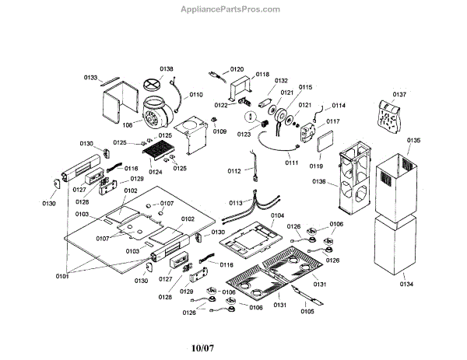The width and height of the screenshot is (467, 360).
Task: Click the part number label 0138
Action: point(167,69)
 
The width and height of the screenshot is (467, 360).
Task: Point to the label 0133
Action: point(90,78)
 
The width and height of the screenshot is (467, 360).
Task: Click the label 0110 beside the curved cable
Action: point(196,95)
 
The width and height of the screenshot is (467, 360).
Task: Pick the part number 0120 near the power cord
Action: point(237,69)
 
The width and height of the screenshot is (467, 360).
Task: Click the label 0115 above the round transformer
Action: point(306,87)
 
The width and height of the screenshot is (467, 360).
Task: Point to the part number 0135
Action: point(414,140)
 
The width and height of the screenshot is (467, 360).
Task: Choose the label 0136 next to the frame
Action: point(319,181)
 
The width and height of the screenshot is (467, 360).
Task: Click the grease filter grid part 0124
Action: point(158,151)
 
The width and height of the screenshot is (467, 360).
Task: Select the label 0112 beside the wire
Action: point(234,171)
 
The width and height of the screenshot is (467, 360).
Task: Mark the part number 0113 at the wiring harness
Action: point(236,203)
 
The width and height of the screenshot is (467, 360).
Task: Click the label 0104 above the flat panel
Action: point(277,215)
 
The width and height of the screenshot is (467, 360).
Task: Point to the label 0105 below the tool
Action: point(307,311)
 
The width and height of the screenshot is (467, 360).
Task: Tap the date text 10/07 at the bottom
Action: point(202,348)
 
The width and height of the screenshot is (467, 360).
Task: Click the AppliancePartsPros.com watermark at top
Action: point(230,9)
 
